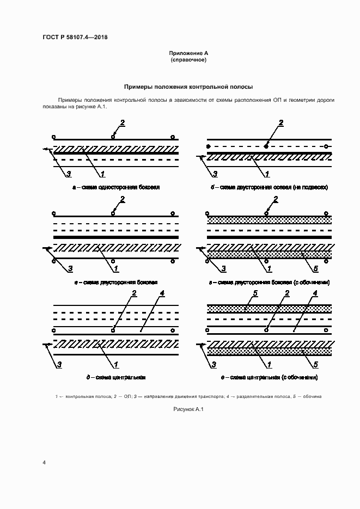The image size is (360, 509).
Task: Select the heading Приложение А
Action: [188, 53]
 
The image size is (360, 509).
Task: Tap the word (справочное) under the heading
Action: [188, 59]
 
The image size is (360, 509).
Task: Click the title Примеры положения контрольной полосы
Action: [188, 87]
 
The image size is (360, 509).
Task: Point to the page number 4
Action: [44, 462]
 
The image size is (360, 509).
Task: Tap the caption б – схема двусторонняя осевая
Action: [270, 187]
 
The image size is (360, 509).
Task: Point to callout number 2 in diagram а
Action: [123, 122]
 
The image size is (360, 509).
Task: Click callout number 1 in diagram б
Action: [267, 174]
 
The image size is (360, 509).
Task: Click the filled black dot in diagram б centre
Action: [266, 146]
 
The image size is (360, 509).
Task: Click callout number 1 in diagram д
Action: [115, 364]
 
